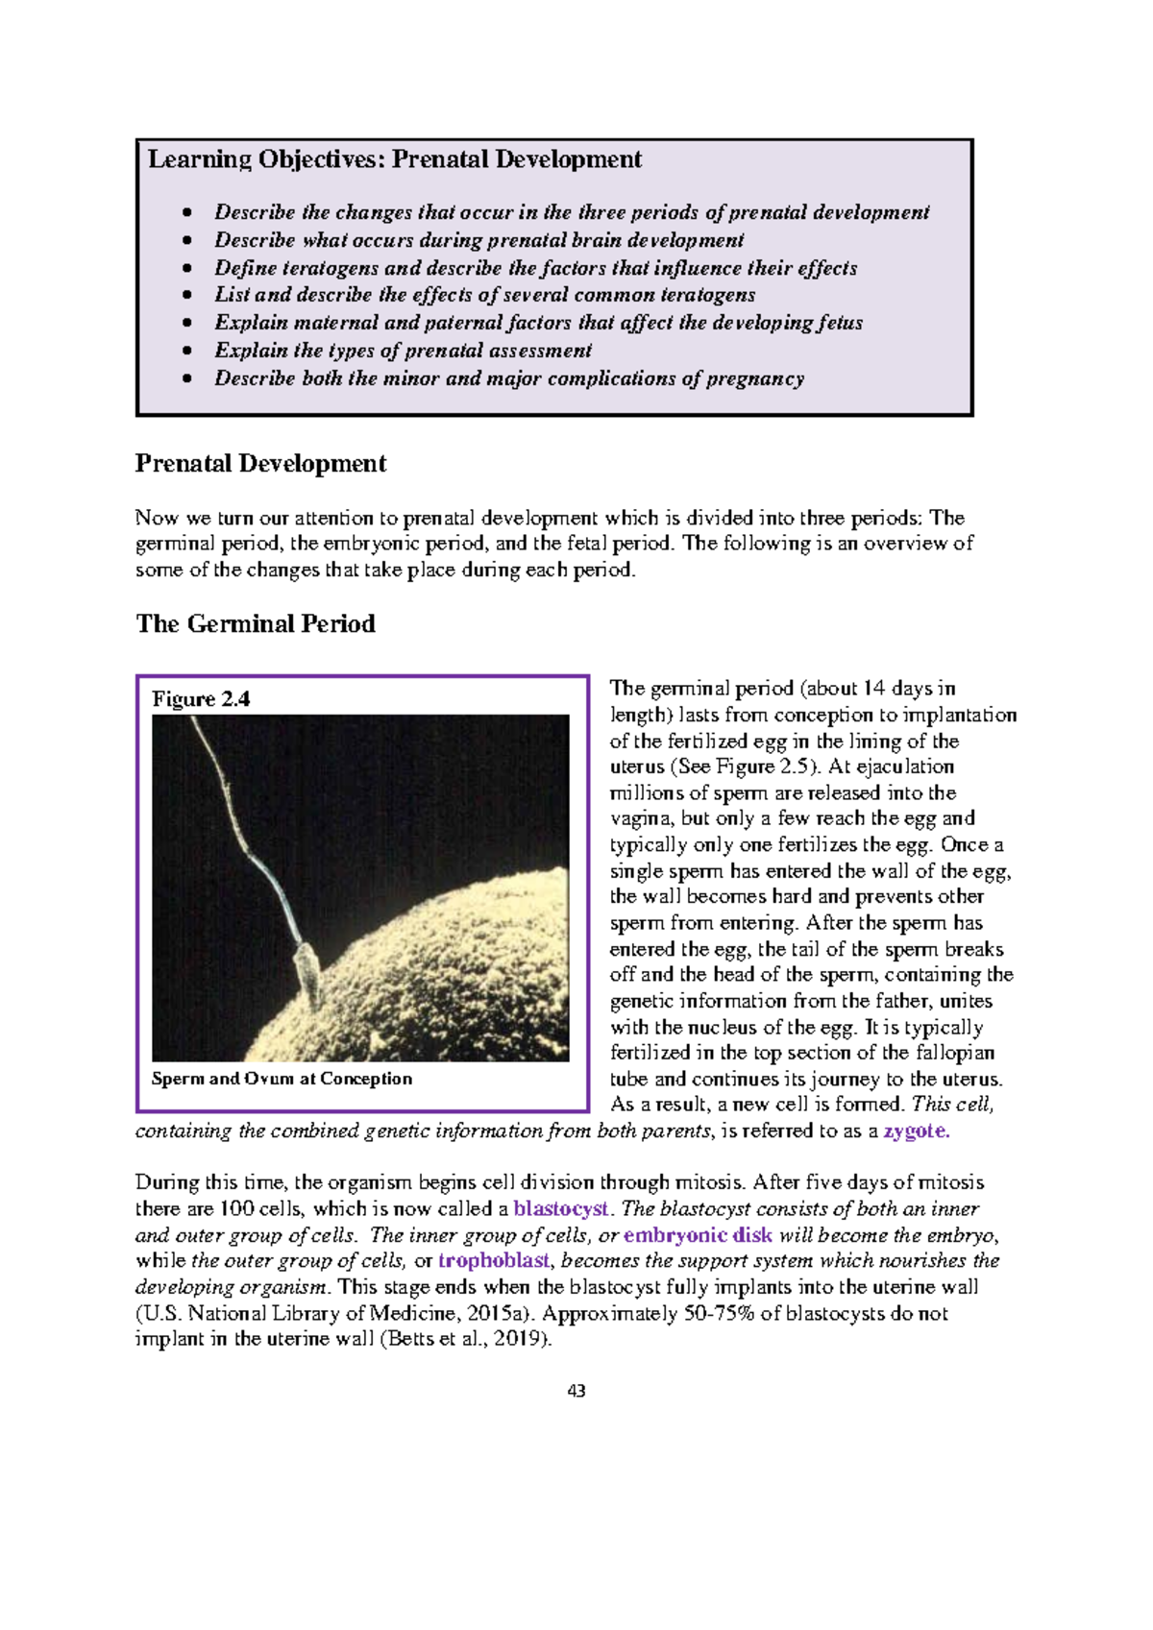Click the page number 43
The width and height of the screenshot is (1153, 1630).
(x=576, y=1391)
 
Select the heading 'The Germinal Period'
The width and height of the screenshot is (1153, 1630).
(x=256, y=624)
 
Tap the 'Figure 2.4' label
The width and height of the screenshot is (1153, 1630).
(x=201, y=699)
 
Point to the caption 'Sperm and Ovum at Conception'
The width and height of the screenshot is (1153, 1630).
(x=282, y=1079)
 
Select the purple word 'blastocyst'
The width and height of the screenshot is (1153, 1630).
(x=561, y=1208)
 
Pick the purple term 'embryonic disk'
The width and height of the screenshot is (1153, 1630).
(x=698, y=1235)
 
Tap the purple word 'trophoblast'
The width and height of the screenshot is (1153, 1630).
(x=494, y=1261)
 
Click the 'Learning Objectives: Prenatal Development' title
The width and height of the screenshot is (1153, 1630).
(x=394, y=159)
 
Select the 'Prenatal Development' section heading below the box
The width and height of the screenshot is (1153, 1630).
(x=260, y=464)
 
